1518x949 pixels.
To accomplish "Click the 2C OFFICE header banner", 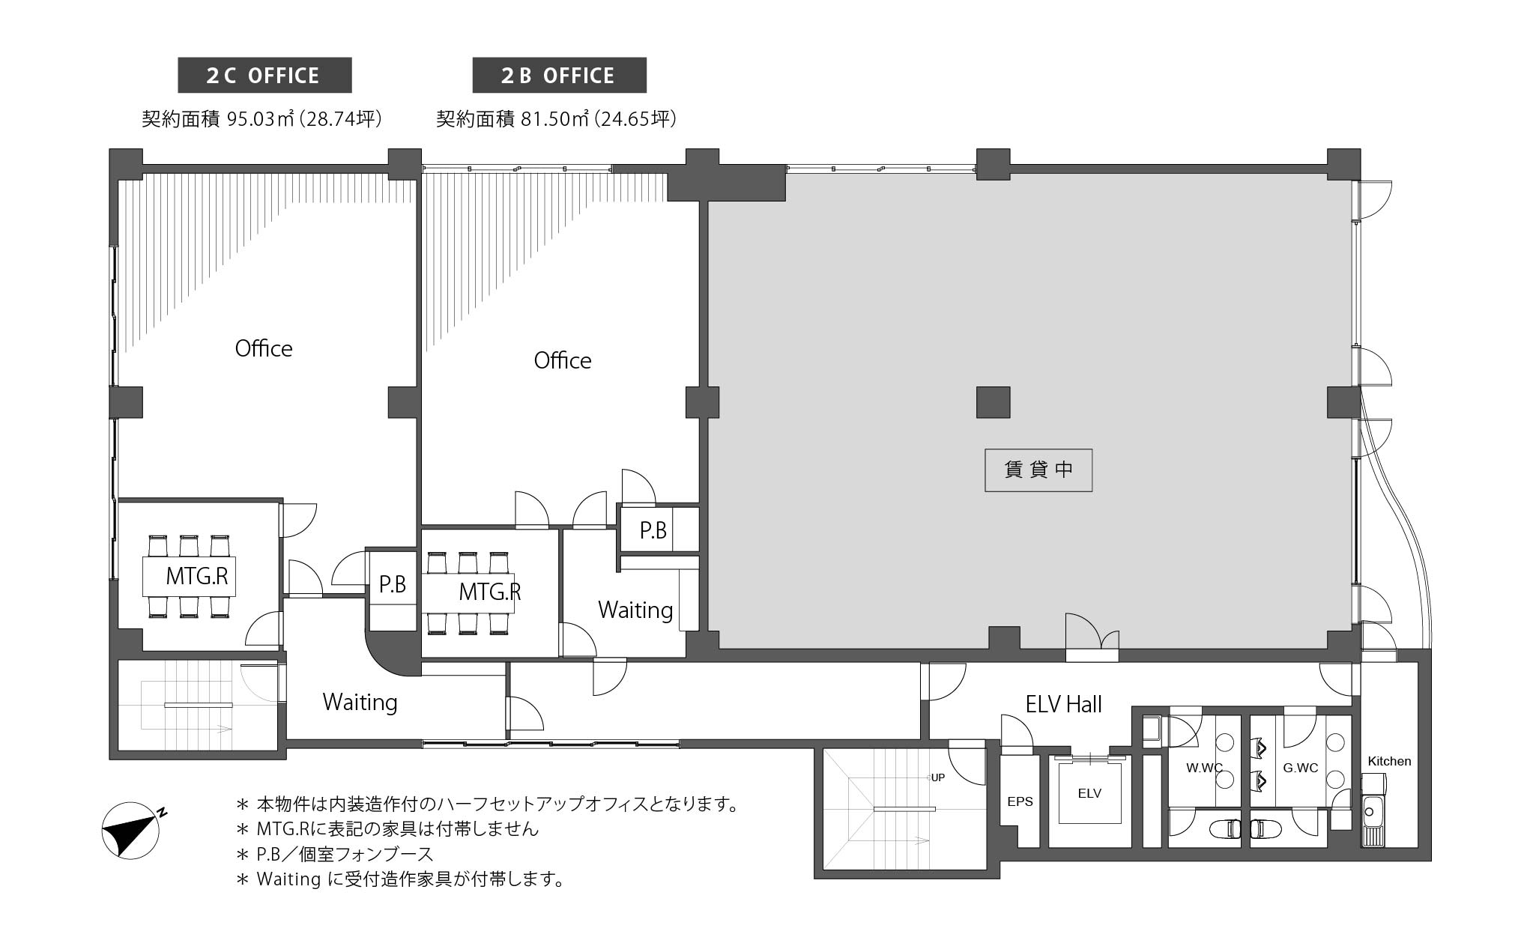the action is click(264, 76).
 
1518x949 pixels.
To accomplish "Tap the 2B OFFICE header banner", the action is click(559, 76).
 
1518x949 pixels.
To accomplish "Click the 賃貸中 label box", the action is click(1038, 470).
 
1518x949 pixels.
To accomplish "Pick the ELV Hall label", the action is click(1064, 704).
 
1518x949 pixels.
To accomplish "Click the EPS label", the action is click(1020, 801).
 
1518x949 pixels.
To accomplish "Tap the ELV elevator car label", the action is click(1089, 793).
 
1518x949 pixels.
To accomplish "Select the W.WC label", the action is click(1204, 768).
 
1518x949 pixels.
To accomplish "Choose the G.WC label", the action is click(1300, 768).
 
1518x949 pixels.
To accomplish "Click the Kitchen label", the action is click(1389, 761).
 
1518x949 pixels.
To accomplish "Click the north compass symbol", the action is click(130, 830).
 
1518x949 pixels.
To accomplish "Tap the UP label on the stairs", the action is click(937, 777).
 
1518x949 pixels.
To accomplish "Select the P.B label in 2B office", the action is click(653, 530).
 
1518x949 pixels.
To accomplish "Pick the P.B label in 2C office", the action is click(393, 584).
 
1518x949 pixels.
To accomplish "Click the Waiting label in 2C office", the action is click(360, 703).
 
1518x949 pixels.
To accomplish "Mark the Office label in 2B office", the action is click(563, 361).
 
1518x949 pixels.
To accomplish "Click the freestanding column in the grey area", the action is click(994, 402).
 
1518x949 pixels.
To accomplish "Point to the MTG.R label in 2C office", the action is click(197, 576).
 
